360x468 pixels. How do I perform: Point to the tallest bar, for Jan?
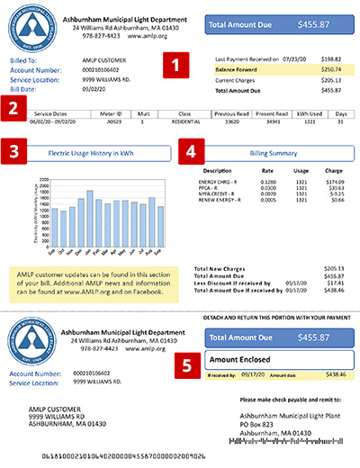[90, 210]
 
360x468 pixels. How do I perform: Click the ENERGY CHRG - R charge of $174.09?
[333, 181]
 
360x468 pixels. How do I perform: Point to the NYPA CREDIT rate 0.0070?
[267, 193]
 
